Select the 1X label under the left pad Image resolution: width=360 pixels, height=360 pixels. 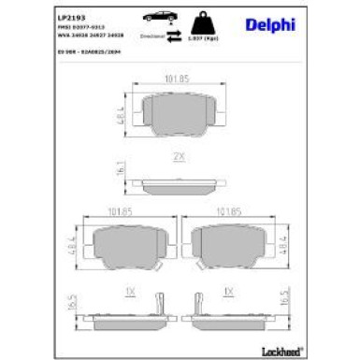click(130, 293)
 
